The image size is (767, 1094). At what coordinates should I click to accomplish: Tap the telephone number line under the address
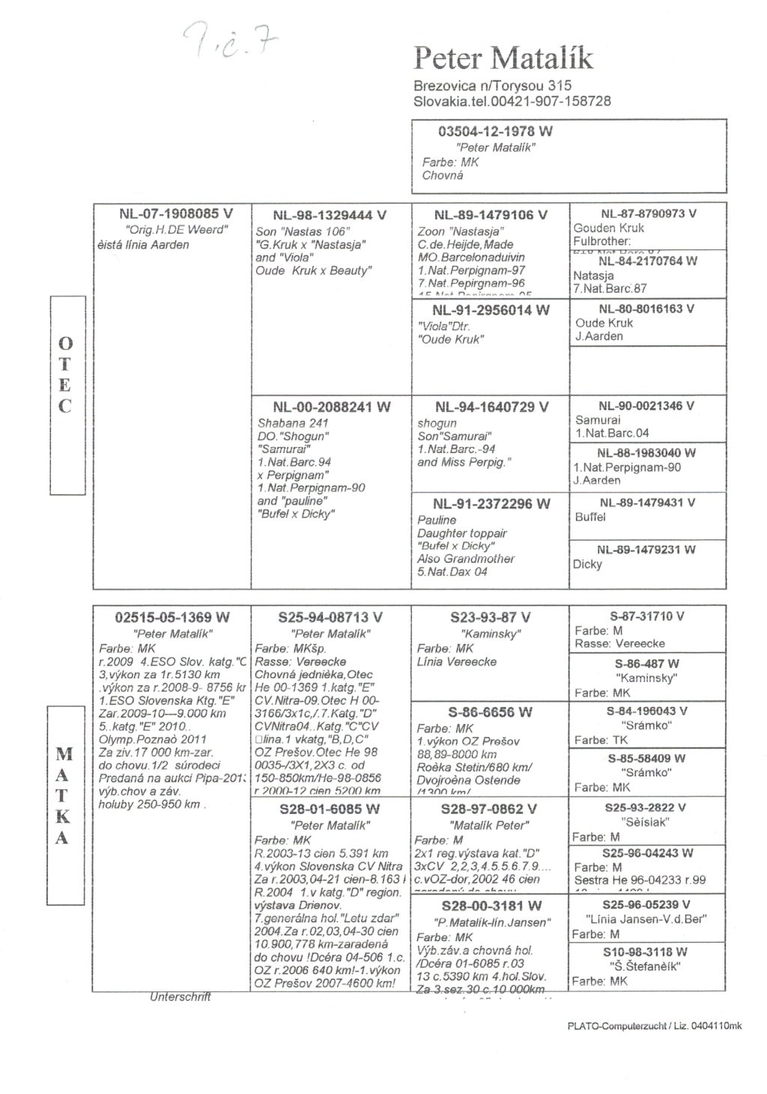point(512,100)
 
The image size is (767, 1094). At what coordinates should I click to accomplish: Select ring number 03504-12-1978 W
point(495,132)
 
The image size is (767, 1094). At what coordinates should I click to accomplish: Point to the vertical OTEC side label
point(66,374)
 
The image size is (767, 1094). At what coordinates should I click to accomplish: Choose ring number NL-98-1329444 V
point(330,216)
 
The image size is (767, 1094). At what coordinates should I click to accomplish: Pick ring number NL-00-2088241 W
point(331,407)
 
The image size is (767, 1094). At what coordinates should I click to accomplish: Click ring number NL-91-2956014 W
point(491,310)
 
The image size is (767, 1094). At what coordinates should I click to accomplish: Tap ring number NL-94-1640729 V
point(491,407)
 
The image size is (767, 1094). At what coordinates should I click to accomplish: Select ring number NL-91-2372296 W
point(491,504)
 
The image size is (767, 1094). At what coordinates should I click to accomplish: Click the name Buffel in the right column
point(590,517)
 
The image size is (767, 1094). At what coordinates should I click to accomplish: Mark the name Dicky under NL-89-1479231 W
point(587,565)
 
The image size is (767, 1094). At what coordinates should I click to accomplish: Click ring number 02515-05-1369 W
point(172,618)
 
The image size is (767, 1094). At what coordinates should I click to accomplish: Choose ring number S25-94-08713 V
point(330,618)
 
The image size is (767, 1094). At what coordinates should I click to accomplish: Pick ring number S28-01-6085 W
point(330,809)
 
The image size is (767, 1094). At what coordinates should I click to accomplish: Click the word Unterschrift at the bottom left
point(181,997)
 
